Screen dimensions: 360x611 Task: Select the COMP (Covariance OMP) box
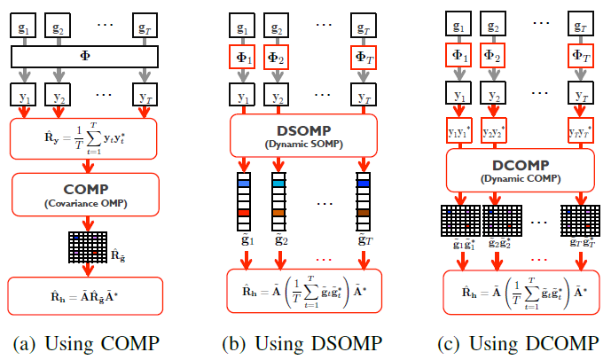pyautogui.click(x=85, y=192)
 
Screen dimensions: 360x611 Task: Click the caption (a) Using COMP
pyautogui.click(x=85, y=344)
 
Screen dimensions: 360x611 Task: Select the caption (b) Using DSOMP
pyautogui.click(x=304, y=344)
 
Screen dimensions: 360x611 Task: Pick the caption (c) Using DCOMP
pyautogui.click(x=520, y=344)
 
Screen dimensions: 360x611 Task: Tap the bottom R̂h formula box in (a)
pyautogui.click(x=85, y=290)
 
